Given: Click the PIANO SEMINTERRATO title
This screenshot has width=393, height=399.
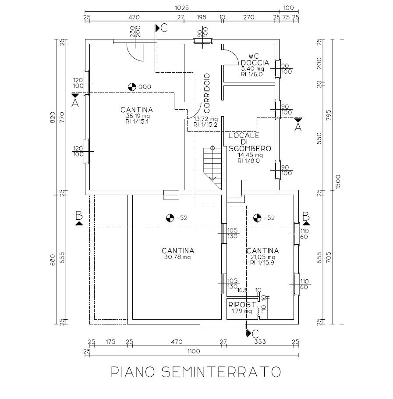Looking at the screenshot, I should pos(195,372).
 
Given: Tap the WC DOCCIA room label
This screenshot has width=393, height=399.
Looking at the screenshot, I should pos(252,59).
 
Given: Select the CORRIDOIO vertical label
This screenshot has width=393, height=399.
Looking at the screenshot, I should pos(207,92).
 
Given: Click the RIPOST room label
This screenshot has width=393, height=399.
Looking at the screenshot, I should pos(241,304).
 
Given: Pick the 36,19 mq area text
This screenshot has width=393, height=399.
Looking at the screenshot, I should pos(137,116).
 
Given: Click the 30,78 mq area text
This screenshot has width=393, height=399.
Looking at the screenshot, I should pos(178,257).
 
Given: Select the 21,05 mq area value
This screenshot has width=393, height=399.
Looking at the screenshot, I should pos(262,257).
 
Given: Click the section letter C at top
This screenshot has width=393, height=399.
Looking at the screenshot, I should pos(163,28).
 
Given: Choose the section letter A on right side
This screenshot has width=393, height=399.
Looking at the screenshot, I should pos(298,128).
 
